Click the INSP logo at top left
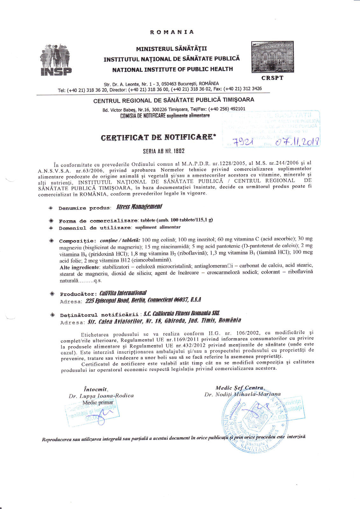click(56, 60)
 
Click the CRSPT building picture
click(272, 57)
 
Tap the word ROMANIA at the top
click(172, 32)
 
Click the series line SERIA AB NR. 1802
click(164, 151)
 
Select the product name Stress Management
click(139, 207)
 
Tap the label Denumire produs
click(84, 208)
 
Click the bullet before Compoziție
click(51, 241)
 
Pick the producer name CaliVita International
click(123, 293)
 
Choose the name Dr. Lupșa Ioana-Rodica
click(101, 396)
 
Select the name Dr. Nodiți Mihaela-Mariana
click(243, 394)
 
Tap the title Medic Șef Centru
click(240, 388)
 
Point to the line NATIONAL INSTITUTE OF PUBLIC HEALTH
click(173, 69)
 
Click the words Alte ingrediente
click(80, 267)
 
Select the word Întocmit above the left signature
click(95, 389)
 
